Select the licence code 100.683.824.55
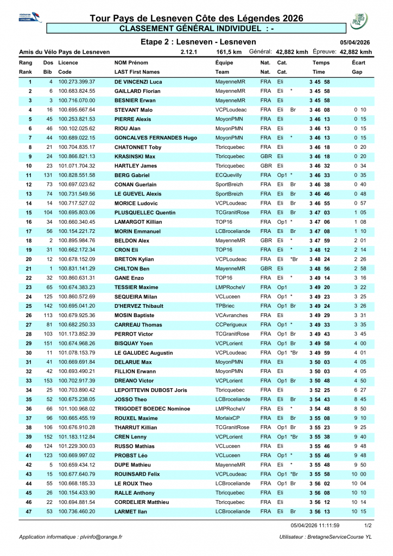(x=77, y=91)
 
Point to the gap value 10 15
(x=359, y=511)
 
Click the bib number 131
(x=48, y=175)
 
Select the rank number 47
(x=28, y=511)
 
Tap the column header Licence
(x=68, y=63)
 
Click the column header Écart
(x=358, y=63)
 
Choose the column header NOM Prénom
(x=131, y=63)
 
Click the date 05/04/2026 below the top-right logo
(x=355, y=42)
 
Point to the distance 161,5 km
(x=229, y=52)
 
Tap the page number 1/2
(x=367, y=526)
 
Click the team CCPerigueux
(x=232, y=324)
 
